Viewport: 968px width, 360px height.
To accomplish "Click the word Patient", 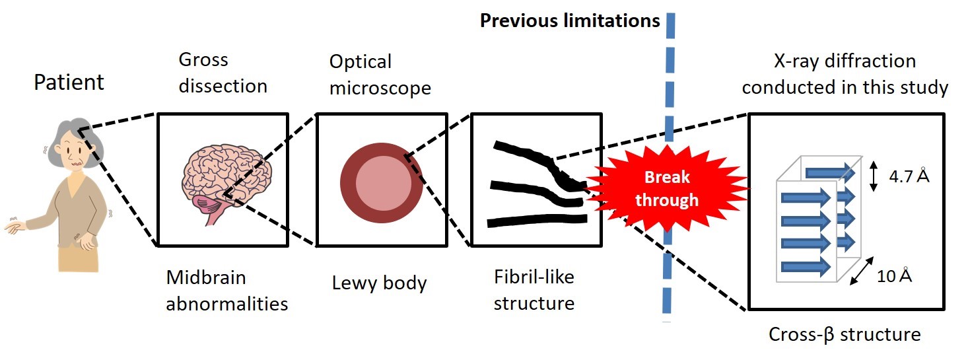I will tap(69, 83).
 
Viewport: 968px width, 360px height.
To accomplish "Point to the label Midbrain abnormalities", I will tap(226, 290).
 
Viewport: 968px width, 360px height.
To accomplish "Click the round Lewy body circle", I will tap(382, 180).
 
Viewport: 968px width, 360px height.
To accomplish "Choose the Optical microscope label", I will tap(380, 75).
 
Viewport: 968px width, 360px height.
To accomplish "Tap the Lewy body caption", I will tap(379, 283).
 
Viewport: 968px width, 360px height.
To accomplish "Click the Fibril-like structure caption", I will tap(534, 290).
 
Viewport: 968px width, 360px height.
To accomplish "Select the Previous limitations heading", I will tap(569, 20).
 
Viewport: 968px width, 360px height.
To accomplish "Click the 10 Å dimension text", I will tap(894, 275).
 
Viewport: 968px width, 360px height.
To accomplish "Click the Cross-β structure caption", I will tap(844, 334).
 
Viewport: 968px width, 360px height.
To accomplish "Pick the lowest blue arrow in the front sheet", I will tap(805, 266).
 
